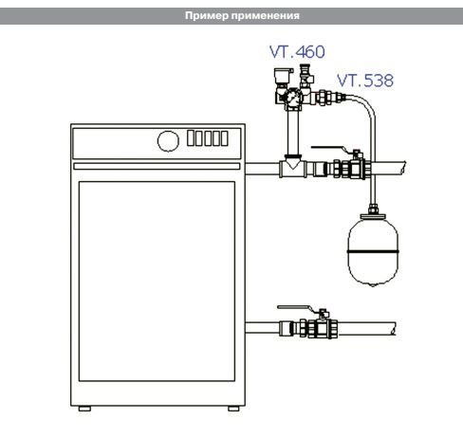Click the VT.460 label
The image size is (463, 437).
(297, 52)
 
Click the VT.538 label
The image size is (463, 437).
(365, 81)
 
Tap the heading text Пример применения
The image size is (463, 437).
(242, 15)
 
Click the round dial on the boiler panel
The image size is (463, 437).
(168, 141)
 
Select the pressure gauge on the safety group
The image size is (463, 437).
(293, 98)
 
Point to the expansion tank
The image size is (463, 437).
(373, 250)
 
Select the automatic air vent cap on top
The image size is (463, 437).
(280, 76)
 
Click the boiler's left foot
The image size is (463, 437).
(84, 409)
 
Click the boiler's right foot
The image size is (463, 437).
(233, 409)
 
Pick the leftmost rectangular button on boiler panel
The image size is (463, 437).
(191, 138)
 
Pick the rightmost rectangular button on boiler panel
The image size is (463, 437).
(225, 138)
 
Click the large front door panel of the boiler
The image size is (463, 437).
(157, 282)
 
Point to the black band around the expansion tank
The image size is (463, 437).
(373, 251)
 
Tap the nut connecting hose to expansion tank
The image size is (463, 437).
(373, 209)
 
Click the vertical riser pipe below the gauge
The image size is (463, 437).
(293, 132)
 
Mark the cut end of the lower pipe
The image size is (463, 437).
(394, 329)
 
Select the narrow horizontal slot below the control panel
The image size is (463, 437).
(157, 166)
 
